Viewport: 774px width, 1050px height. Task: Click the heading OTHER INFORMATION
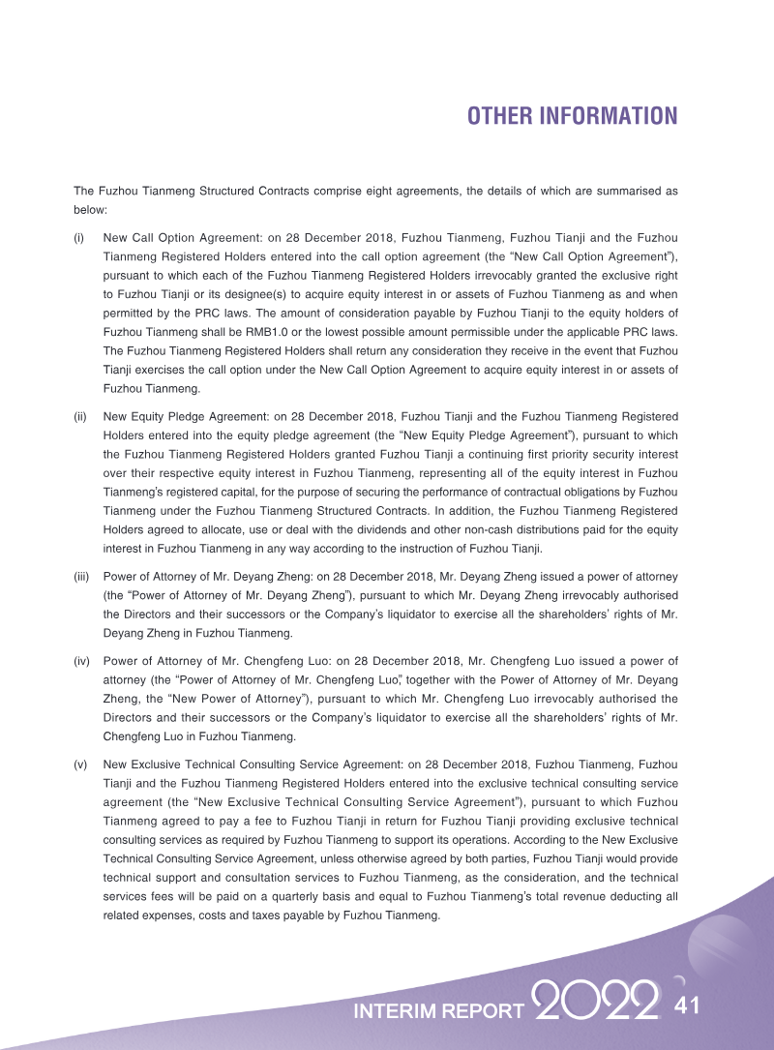[572, 116]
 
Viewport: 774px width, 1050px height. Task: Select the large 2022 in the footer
[596, 1002]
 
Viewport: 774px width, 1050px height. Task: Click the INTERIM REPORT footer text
[439, 1011]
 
